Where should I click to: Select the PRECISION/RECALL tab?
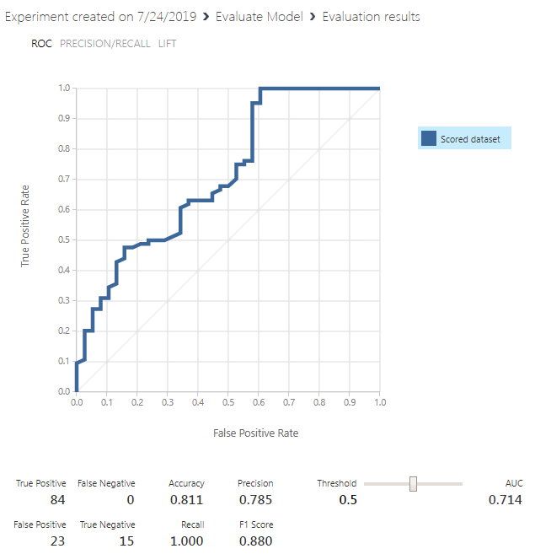click(105, 43)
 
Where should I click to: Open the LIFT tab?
click(167, 43)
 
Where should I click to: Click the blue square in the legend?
click(429, 139)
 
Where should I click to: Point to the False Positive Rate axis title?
click(256, 433)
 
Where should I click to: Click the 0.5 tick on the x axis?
click(227, 403)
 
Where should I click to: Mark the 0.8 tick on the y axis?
click(64, 148)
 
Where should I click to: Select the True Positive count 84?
click(57, 501)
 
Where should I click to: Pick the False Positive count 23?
click(57, 541)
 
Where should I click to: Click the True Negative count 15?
click(126, 541)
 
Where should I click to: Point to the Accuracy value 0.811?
click(187, 501)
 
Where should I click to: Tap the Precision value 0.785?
click(255, 501)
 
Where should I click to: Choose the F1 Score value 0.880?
click(255, 541)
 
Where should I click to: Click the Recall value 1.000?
click(187, 541)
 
